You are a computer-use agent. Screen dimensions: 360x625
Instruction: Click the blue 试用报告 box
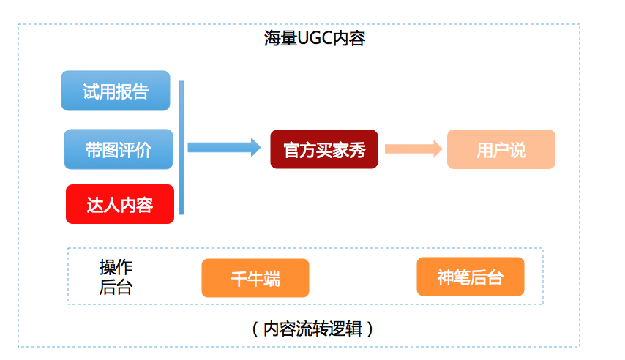click(x=116, y=91)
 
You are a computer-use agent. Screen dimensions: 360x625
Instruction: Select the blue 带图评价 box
click(x=119, y=149)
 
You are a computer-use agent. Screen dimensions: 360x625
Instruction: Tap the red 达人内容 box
click(x=120, y=204)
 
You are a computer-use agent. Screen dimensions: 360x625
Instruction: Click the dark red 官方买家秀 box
click(x=324, y=149)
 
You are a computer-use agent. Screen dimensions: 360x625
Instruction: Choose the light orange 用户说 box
click(x=501, y=149)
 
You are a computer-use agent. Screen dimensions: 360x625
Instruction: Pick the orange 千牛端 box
click(x=255, y=278)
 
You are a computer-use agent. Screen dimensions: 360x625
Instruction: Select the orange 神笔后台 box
click(x=471, y=277)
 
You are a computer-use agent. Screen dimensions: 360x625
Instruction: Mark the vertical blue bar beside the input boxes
click(x=181, y=147)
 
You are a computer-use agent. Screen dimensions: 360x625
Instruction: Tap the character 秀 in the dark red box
click(x=357, y=149)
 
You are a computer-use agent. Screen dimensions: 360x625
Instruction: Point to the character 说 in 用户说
click(x=518, y=149)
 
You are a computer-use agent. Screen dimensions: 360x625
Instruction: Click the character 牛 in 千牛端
click(x=255, y=279)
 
